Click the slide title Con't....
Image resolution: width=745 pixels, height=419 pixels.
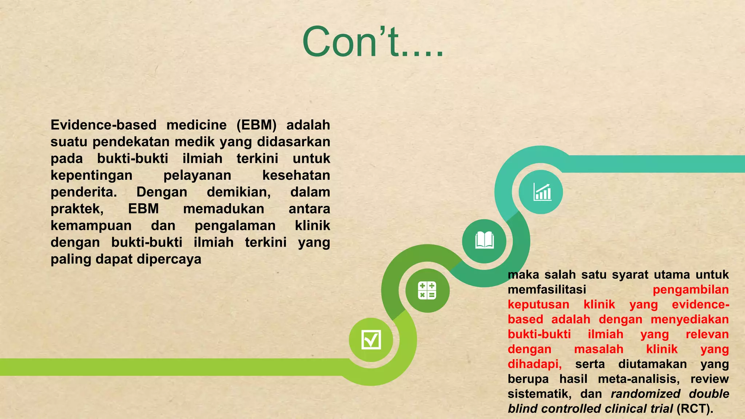coord(372,42)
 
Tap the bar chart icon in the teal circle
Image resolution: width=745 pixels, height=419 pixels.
coord(541,192)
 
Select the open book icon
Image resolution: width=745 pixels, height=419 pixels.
coord(484,240)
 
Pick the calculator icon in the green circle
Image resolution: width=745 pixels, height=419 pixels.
coord(427,290)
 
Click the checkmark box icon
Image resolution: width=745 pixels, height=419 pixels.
coord(371,339)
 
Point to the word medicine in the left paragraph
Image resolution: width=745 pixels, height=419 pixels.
coord(196,125)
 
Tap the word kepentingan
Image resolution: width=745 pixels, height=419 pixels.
coord(91,175)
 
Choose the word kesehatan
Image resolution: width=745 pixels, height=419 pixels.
coord(296,175)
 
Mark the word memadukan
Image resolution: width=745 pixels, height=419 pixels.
coord(223,209)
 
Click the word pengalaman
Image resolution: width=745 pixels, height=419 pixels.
coord(235,226)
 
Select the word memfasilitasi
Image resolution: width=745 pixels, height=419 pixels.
coord(547,290)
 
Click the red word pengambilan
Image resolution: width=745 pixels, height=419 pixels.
coord(690,290)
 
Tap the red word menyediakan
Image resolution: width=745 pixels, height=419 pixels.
coord(689,319)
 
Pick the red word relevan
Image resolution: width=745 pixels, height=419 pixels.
coord(707,334)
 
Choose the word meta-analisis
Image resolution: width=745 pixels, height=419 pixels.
coord(638,379)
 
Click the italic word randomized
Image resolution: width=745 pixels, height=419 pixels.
coord(645,394)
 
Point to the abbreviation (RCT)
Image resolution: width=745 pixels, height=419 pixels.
coord(694,409)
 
